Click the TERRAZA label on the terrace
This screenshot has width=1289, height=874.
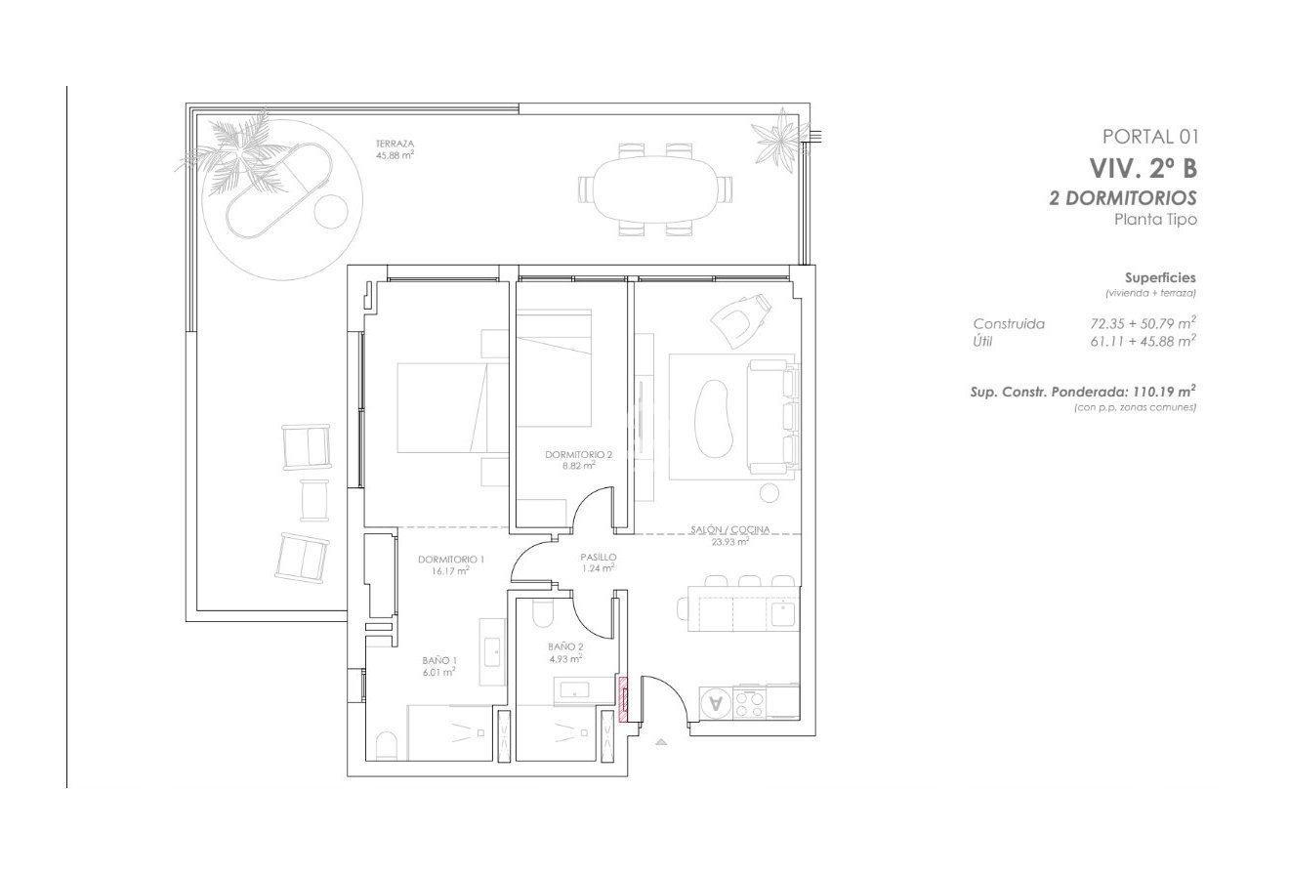395,143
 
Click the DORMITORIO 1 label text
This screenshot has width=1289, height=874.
450,560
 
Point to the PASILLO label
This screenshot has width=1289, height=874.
597,558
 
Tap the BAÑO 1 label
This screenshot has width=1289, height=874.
439,661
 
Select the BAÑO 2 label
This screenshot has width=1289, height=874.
565,646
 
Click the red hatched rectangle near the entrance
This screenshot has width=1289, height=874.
623,699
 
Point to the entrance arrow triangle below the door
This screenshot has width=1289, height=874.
661,743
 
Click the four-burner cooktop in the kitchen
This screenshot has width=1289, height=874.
749,703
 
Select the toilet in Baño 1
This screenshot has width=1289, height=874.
387,747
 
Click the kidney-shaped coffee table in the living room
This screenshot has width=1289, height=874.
715,416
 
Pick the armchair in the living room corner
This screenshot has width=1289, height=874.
740,318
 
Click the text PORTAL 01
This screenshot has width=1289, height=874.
1149,137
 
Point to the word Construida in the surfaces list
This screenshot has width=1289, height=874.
1009,323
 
